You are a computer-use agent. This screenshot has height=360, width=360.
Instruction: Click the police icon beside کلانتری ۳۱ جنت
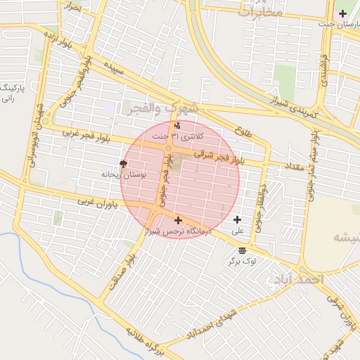coord(176,126)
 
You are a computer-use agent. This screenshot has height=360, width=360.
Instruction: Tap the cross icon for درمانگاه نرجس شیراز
coord(177,220)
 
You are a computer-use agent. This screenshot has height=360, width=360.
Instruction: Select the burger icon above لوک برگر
coord(242,250)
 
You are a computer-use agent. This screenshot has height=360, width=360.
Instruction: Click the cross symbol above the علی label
coord(237,220)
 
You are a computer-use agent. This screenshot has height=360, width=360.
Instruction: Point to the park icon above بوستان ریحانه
coord(124,165)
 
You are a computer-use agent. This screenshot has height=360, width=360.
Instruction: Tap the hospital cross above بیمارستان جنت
coord(342,13)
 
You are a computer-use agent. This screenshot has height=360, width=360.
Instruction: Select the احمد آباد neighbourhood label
coord(297,279)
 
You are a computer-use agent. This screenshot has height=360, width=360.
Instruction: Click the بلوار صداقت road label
coord(121,271)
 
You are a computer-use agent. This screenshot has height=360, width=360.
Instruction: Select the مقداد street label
coord(293,167)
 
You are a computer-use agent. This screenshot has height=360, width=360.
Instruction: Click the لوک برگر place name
coord(242,261)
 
